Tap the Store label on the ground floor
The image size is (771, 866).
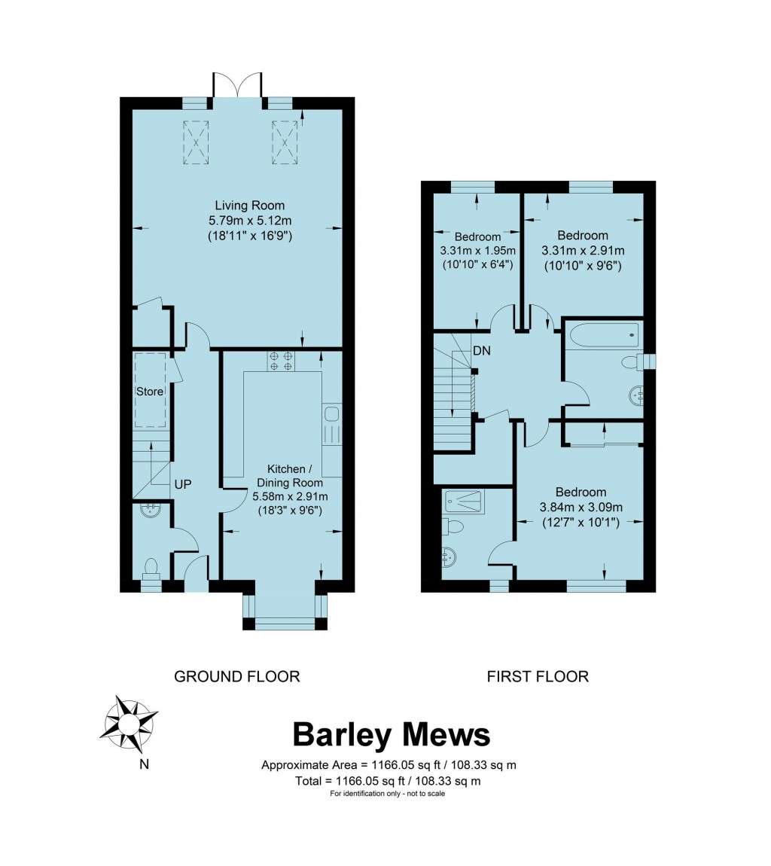pos(150,392)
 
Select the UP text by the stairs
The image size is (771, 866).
pos(183,484)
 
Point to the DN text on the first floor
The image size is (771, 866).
pos(483,351)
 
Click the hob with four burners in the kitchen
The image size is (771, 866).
pos(281,361)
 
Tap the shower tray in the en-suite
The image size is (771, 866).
pos(465,499)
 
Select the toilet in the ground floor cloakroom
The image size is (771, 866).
pos(151,569)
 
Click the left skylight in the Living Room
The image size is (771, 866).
pos(197,141)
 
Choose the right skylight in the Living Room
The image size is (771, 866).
pos(285,141)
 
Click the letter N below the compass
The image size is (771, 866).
pos(144,765)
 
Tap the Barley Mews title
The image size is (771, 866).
pos(391,734)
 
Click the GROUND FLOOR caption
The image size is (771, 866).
pos(237,676)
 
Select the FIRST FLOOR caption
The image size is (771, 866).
pos(538,676)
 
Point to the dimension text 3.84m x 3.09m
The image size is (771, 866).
pos(581,507)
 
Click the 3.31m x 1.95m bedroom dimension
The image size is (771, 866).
pos(478,251)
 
